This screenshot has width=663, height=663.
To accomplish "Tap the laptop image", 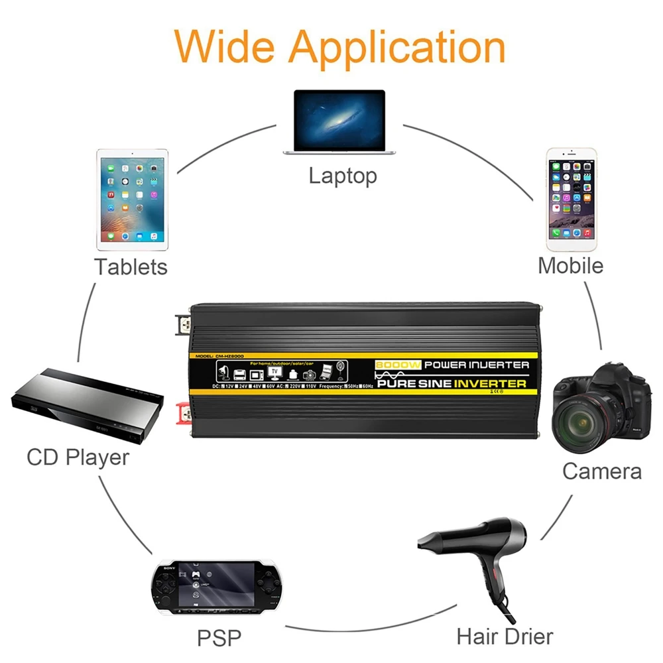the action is tap(339, 122).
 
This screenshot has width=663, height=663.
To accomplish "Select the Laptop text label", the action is tap(342, 176).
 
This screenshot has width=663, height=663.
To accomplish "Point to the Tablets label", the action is tap(131, 267).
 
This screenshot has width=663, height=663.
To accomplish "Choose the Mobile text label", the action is tap(570, 265).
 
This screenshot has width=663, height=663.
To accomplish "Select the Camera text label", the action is tap(601, 471).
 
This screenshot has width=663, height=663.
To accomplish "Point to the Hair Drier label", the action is tap(505, 636).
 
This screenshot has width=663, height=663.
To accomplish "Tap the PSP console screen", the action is tap(221, 582).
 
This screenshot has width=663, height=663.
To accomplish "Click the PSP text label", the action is tap(219, 638).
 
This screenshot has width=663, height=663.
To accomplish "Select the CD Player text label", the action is tap(78, 457).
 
